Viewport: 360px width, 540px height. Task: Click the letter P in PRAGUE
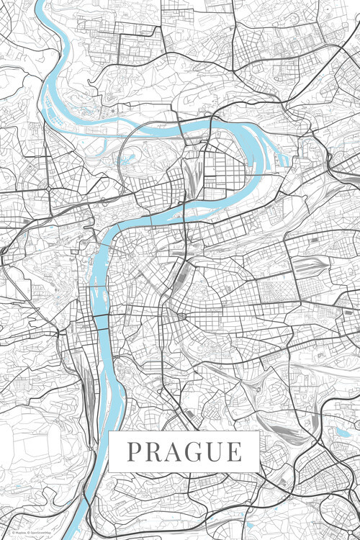[x=135, y=452]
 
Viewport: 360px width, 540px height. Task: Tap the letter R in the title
[x=153, y=452]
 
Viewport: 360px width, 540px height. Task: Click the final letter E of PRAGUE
[x=234, y=452]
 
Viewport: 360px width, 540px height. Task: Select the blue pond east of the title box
[x=341, y=433]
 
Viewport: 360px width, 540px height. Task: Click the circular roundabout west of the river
[x=48, y=188]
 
